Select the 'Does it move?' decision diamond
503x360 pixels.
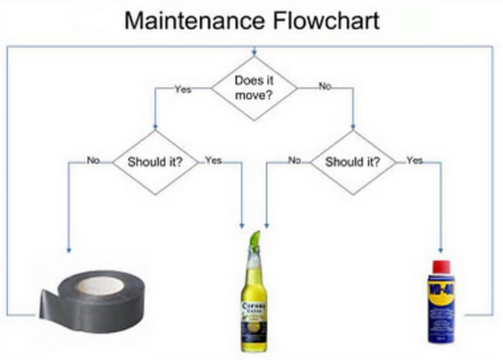click(x=254, y=88)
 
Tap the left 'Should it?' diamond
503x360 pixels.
click(x=154, y=162)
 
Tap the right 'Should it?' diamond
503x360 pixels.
click(x=353, y=162)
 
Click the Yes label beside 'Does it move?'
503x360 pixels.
click(x=183, y=89)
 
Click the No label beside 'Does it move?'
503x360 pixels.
click(x=325, y=87)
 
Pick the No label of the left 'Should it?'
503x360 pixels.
click(x=93, y=160)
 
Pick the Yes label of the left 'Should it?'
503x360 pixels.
click(x=213, y=160)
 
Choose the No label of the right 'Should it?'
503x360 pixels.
click(x=294, y=160)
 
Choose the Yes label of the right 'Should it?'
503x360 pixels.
click(x=414, y=160)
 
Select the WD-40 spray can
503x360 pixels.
click(x=441, y=302)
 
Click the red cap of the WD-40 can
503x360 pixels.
click(x=441, y=266)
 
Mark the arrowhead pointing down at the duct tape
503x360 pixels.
click(x=69, y=250)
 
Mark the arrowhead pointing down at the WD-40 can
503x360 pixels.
click(x=441, y=250)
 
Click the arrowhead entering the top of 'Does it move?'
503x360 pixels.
click(x=254, y=52)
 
